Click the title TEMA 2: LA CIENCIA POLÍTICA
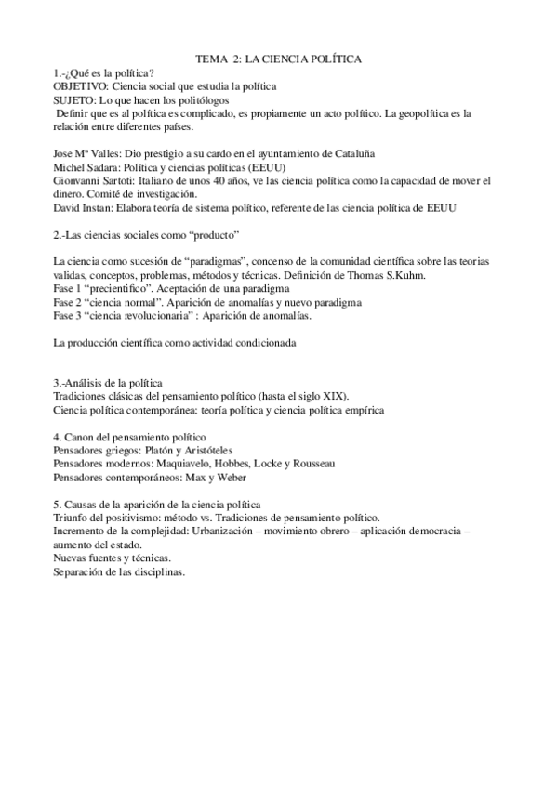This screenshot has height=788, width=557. click(279, 59)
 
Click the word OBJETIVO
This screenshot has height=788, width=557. click(81, 85)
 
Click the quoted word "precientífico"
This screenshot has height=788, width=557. click(125, 289)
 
